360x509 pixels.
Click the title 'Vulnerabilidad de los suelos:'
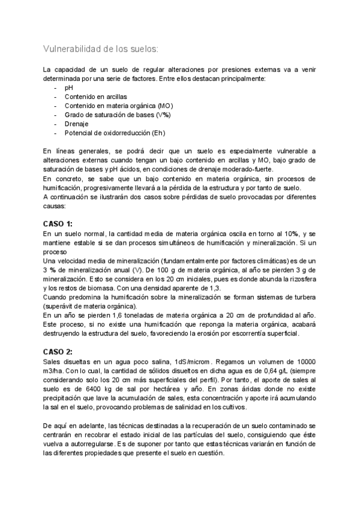point(101,49)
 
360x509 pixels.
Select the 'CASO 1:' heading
point(58,223)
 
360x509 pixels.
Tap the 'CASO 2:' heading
point(58,351)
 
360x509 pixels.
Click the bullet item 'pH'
point(68,87)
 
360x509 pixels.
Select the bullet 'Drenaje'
point(77,124)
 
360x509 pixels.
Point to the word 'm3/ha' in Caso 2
point(53,370)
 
